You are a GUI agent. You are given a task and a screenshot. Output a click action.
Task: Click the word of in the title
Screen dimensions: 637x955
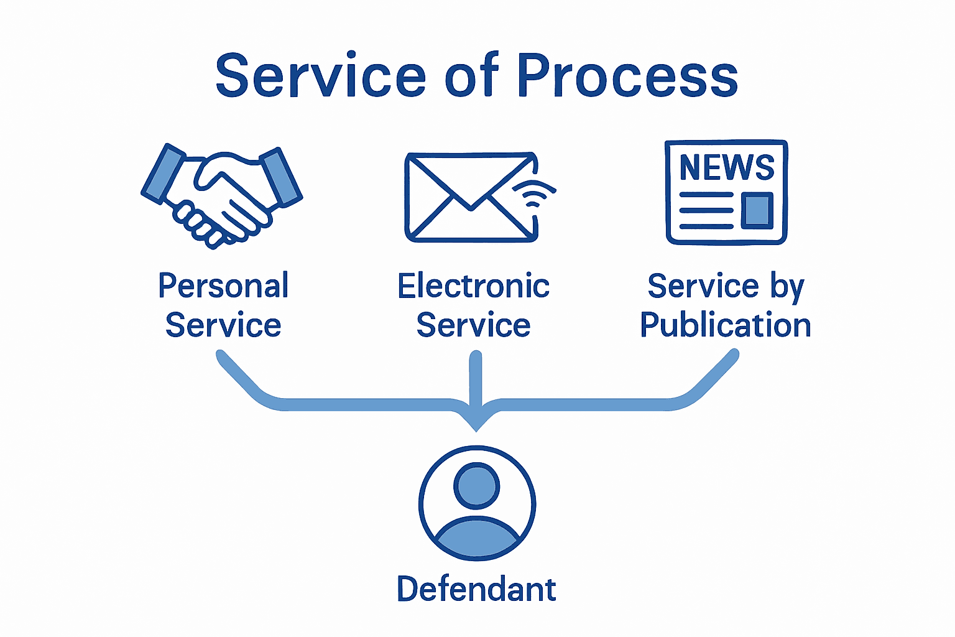coord(472,76)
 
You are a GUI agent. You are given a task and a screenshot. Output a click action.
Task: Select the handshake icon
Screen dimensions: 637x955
coord(221,195)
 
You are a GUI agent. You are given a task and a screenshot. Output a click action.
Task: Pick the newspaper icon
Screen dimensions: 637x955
coord(726,192)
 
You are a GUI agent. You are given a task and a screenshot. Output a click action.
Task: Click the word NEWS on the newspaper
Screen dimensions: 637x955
coord(726,167)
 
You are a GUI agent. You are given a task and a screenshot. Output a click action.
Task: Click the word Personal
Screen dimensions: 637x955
coord(223,286)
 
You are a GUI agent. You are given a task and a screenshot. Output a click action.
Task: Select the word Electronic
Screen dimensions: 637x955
coord(473,286)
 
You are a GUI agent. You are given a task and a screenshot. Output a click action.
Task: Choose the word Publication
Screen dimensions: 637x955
coord(726,325)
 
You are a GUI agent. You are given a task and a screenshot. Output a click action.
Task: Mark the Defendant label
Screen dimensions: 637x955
coord(476,589)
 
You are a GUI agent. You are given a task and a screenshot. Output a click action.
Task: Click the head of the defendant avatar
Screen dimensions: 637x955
coord(477,485)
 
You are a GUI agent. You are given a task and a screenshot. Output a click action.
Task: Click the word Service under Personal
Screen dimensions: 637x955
coord(223,325)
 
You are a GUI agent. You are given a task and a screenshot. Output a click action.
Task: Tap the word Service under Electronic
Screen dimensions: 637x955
coord(473,325)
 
